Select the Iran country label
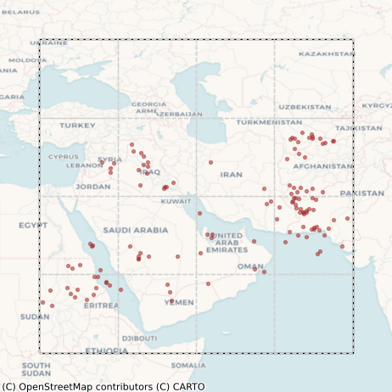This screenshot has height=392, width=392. [x=231, y=174]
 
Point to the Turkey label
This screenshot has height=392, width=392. [x=77, y=126]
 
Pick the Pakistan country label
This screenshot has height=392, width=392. [x=362, y=193]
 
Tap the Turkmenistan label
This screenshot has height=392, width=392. [x=270, y=122]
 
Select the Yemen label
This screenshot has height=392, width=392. [x=179, y=302]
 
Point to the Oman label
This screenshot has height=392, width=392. [x=250, y=266]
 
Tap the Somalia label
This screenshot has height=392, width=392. [x=188, y=366]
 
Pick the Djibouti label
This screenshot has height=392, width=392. [x=139, y=338]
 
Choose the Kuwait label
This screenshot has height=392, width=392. [x=176, y=201]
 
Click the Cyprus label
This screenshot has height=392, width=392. [x=63, y=156]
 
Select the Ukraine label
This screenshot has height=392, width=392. [x=48, y=42]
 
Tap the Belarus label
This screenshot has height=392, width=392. [x=20, y=12]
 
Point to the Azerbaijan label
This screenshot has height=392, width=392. [x=180, y=113]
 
